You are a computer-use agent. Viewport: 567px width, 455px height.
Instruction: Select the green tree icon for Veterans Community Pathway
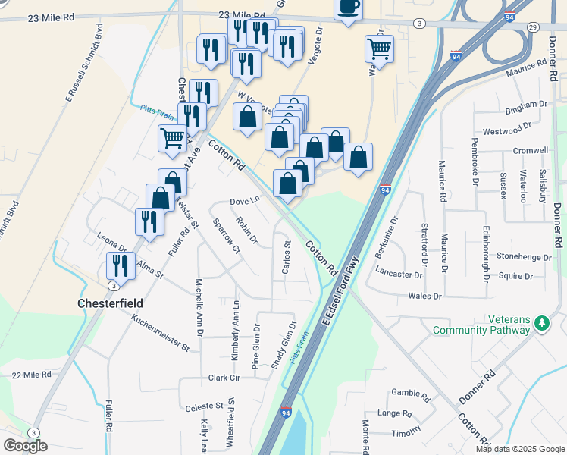(x=541, y=325)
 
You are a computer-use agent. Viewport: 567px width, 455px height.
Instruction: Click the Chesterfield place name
(x=111, y=303)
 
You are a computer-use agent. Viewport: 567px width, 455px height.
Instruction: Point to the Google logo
(x=25, y=446)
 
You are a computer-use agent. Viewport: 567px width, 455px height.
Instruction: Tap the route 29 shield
(x=533, y=27)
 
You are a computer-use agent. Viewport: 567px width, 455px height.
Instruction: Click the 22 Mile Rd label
(x=32, y=375)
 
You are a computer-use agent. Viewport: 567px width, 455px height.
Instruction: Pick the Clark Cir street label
(x=224, y=378)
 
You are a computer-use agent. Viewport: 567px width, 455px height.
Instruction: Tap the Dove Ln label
(x=244, y=202)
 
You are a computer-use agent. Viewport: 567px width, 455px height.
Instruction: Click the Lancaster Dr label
(x=398, y=274)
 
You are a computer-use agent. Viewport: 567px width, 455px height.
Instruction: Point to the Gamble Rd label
(x=411, y=394)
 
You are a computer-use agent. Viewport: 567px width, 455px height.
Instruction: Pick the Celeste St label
(x=205, y=407)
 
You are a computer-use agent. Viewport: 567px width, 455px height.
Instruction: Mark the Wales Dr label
(x=424, y=296)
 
